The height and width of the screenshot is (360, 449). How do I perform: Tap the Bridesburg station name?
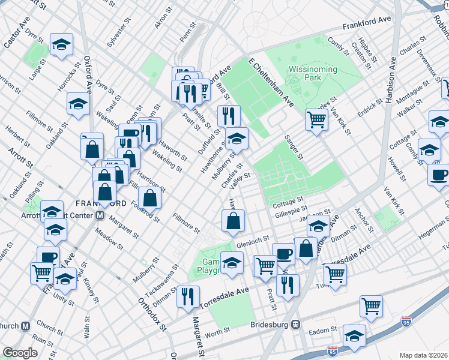point(269,325)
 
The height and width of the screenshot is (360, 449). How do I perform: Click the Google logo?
point(20,353)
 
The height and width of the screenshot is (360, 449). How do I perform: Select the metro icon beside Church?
point(26,326)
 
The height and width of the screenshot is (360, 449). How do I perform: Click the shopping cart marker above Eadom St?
point(372,305)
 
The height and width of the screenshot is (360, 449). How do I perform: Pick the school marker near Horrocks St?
point(78,103)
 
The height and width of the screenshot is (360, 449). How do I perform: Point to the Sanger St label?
point(294,147)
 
